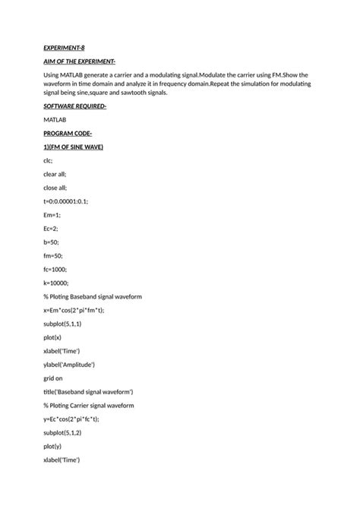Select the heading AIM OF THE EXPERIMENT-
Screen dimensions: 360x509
click(79, 61)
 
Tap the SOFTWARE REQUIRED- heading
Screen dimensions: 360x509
click(74, 106)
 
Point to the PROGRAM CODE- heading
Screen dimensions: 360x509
click(68, 133)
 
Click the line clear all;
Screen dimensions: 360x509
click(55, 174)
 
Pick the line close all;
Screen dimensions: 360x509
click(55, 187)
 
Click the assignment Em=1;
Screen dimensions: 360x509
click(52, 214)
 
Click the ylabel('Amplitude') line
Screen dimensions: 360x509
click(69, 364)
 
